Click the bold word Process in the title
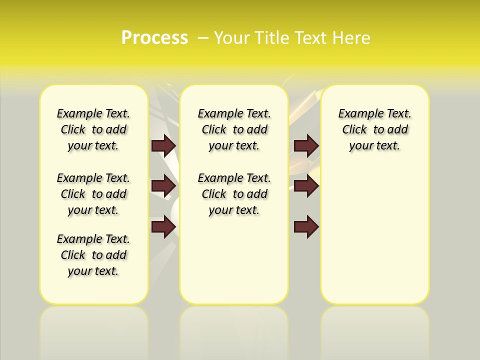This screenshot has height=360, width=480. click(x=154, y=38)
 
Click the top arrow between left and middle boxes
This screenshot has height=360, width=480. click(x=163, y=145)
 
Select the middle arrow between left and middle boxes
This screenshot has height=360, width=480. click(x=163, y=186)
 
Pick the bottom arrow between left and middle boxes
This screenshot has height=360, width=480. click(x=163, y=226)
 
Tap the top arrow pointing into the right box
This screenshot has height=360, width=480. click(x=306, y=145)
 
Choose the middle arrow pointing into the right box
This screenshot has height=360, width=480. click(x=306, y=186)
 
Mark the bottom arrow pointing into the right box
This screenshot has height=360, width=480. click(x=306, y=226)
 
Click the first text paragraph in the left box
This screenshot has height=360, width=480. click(x=93, y=129)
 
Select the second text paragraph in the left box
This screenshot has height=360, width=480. click(x=93, y=194)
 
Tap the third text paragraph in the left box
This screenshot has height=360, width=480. click(x=93, y=255)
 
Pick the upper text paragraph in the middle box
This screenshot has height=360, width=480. click(x=234, y=129)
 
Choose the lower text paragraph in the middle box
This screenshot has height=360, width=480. click(x=234, y=194)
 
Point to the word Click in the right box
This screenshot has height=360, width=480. click(x=354, y=129)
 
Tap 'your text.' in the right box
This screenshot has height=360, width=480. click(x=374, y=145)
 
